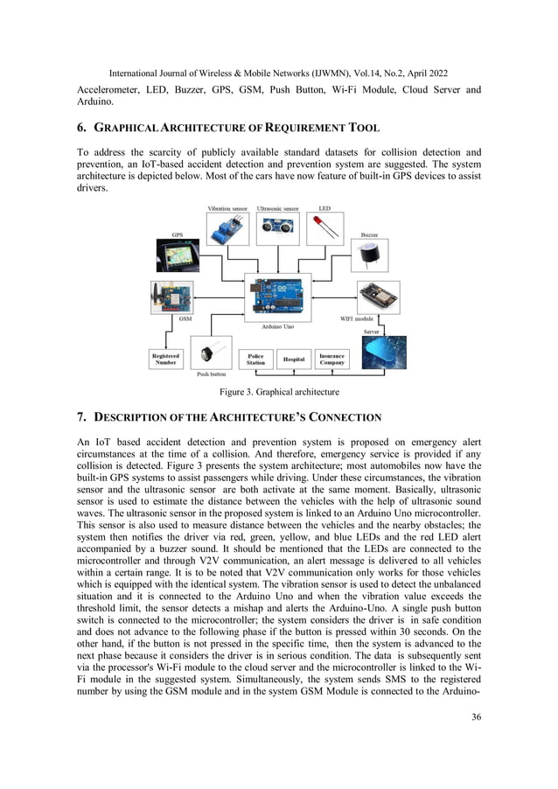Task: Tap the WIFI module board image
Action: click(x=378, y=297)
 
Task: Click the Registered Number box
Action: click(x=165, y=360)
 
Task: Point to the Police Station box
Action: click(x=255, y=360)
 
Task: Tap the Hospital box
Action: click(x=294, y=360)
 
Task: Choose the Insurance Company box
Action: click(x=331, y=360)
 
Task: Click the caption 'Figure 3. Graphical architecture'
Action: click(x=278, y=391)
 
